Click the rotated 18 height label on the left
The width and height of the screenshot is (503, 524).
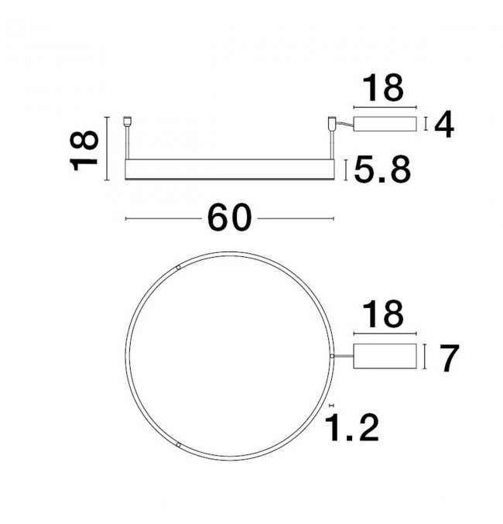pyautogui.click(x=84, y=150)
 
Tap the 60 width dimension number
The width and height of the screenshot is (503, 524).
pyautogui.click(x=229, y=217)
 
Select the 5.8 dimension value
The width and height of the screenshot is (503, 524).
pyautogui.click(x=382, y=170)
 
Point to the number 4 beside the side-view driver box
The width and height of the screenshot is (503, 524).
pyautogui.click(x=444, y=125)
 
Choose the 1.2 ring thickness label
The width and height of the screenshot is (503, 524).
pyautogui.click(x=351, y=427)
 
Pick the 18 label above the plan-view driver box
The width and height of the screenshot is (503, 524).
pyautogui.click(x=383, y=313)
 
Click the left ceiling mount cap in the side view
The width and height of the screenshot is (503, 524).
pyautogui.click(x=127, y=121)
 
